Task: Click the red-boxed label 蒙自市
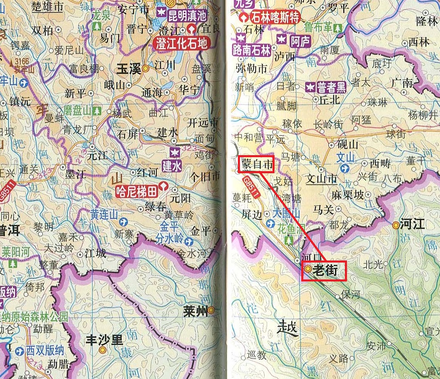tap(257, 165)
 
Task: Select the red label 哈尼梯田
tap(137, 191)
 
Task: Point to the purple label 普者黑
tap(331, 87)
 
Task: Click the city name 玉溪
tap(129, 69)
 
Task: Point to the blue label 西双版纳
tap(45, 351)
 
